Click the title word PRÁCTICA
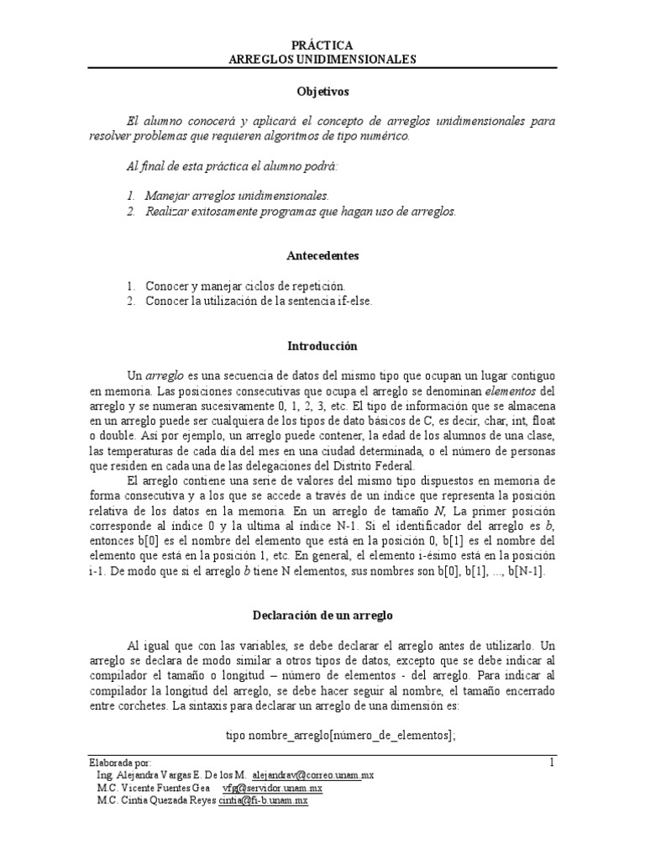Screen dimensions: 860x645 (x=322, y=45)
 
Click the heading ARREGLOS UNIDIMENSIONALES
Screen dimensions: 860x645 (x=322, y=60)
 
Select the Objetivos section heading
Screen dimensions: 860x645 (x=322, y=90)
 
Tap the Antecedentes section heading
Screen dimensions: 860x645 (x=322, y=254)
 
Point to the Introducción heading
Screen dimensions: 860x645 (x=322, y=346)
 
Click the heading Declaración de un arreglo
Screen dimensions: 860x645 (x=322, y=615)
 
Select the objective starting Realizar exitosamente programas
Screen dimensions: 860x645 (x=300, y=212)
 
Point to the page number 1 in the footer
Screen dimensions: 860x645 (x=552, y=763)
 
